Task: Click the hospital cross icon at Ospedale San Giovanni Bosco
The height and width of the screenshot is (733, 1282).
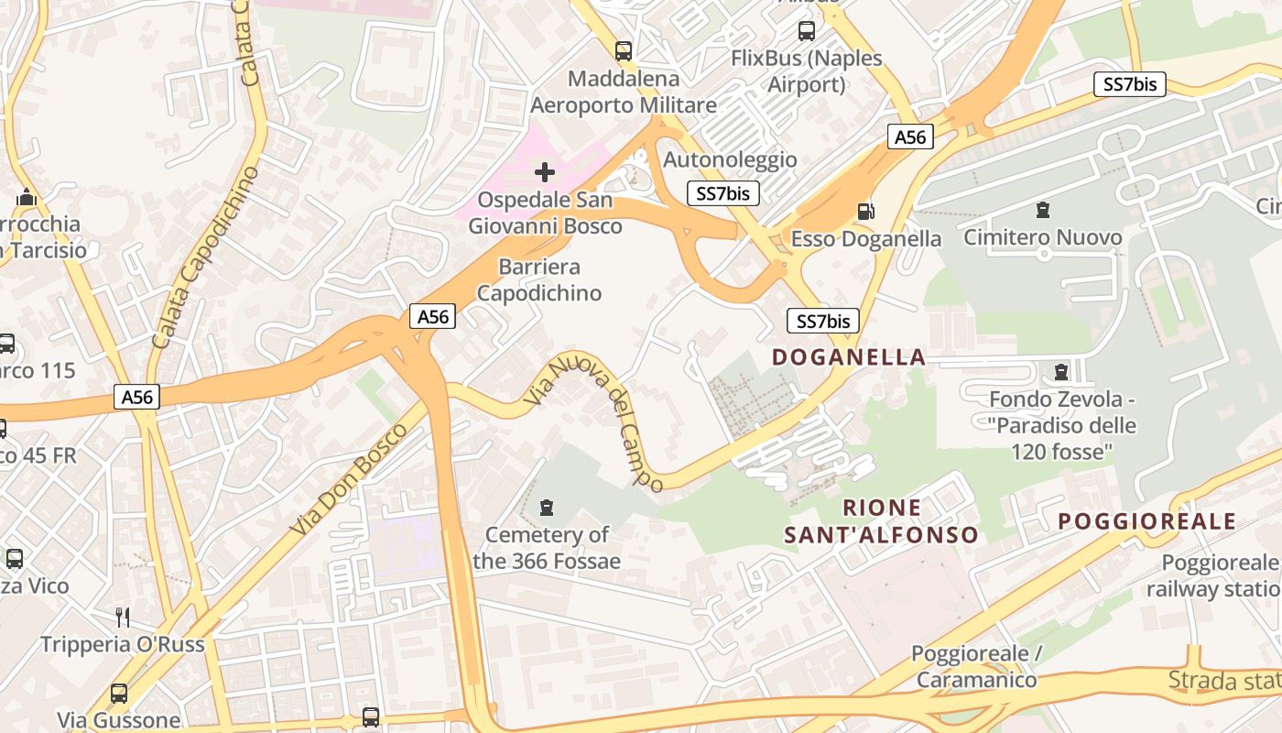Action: pyautogui.click(x=545, y=171)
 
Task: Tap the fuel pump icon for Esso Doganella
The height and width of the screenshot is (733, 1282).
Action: pyautogui.click(x=865, y=212)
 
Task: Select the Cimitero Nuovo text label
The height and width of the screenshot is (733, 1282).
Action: pyautogui.click(x=1042, y=238)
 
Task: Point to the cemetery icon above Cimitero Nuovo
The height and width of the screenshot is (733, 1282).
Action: pyautogui.click(x=1042, y=210)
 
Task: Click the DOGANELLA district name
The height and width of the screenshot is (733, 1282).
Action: pyautogui.click(x=849, y=357)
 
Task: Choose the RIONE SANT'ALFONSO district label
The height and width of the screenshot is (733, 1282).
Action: pyautogui.click(x=881, y=521)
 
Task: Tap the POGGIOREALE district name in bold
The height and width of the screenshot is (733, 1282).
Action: pyautogui.click(x=1147, y=521)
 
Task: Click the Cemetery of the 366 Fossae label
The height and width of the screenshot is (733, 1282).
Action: pyautogui.click(x=547, y=548)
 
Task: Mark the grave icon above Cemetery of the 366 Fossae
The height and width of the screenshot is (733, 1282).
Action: pyautogui.click(x=547, y=507)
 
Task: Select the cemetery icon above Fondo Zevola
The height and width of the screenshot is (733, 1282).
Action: pyautogui.click(x=1061, y=372)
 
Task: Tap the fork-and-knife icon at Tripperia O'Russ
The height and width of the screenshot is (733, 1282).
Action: pyautogui.click(x=123, y=617)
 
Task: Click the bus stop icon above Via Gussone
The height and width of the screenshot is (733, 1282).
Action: pyautogui.click(x=119, y=694)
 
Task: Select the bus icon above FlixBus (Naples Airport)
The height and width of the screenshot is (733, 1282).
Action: pyautogui.click(x=807, y=31)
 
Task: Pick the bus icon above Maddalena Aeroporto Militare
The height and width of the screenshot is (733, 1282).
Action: pyautogui.click(x=624, y=50)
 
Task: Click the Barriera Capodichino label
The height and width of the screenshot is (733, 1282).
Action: pyautogui.click(x=539, y=280)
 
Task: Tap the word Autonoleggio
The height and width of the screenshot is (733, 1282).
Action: pyautogui.click(x=730, y=159)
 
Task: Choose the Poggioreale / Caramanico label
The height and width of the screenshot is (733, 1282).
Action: pyautogui.click(x=976, y=667)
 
